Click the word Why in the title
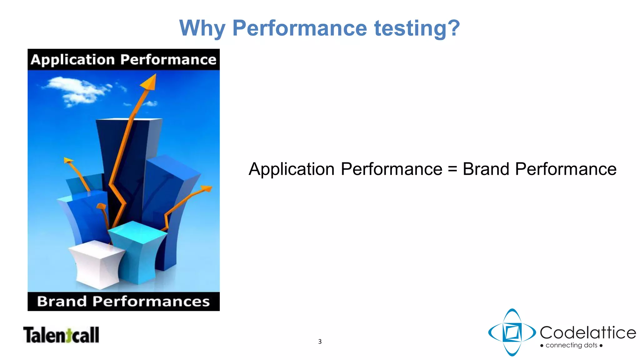point(202,28)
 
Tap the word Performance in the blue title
point(299,28)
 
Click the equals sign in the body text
point(452,169)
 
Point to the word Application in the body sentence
point(291,169)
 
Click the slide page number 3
point(320,342)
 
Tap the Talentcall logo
point(61,335)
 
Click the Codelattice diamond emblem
point(512,332)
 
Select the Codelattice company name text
point(588,332)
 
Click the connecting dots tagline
point(571,345)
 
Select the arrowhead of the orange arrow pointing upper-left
point(67,161)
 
